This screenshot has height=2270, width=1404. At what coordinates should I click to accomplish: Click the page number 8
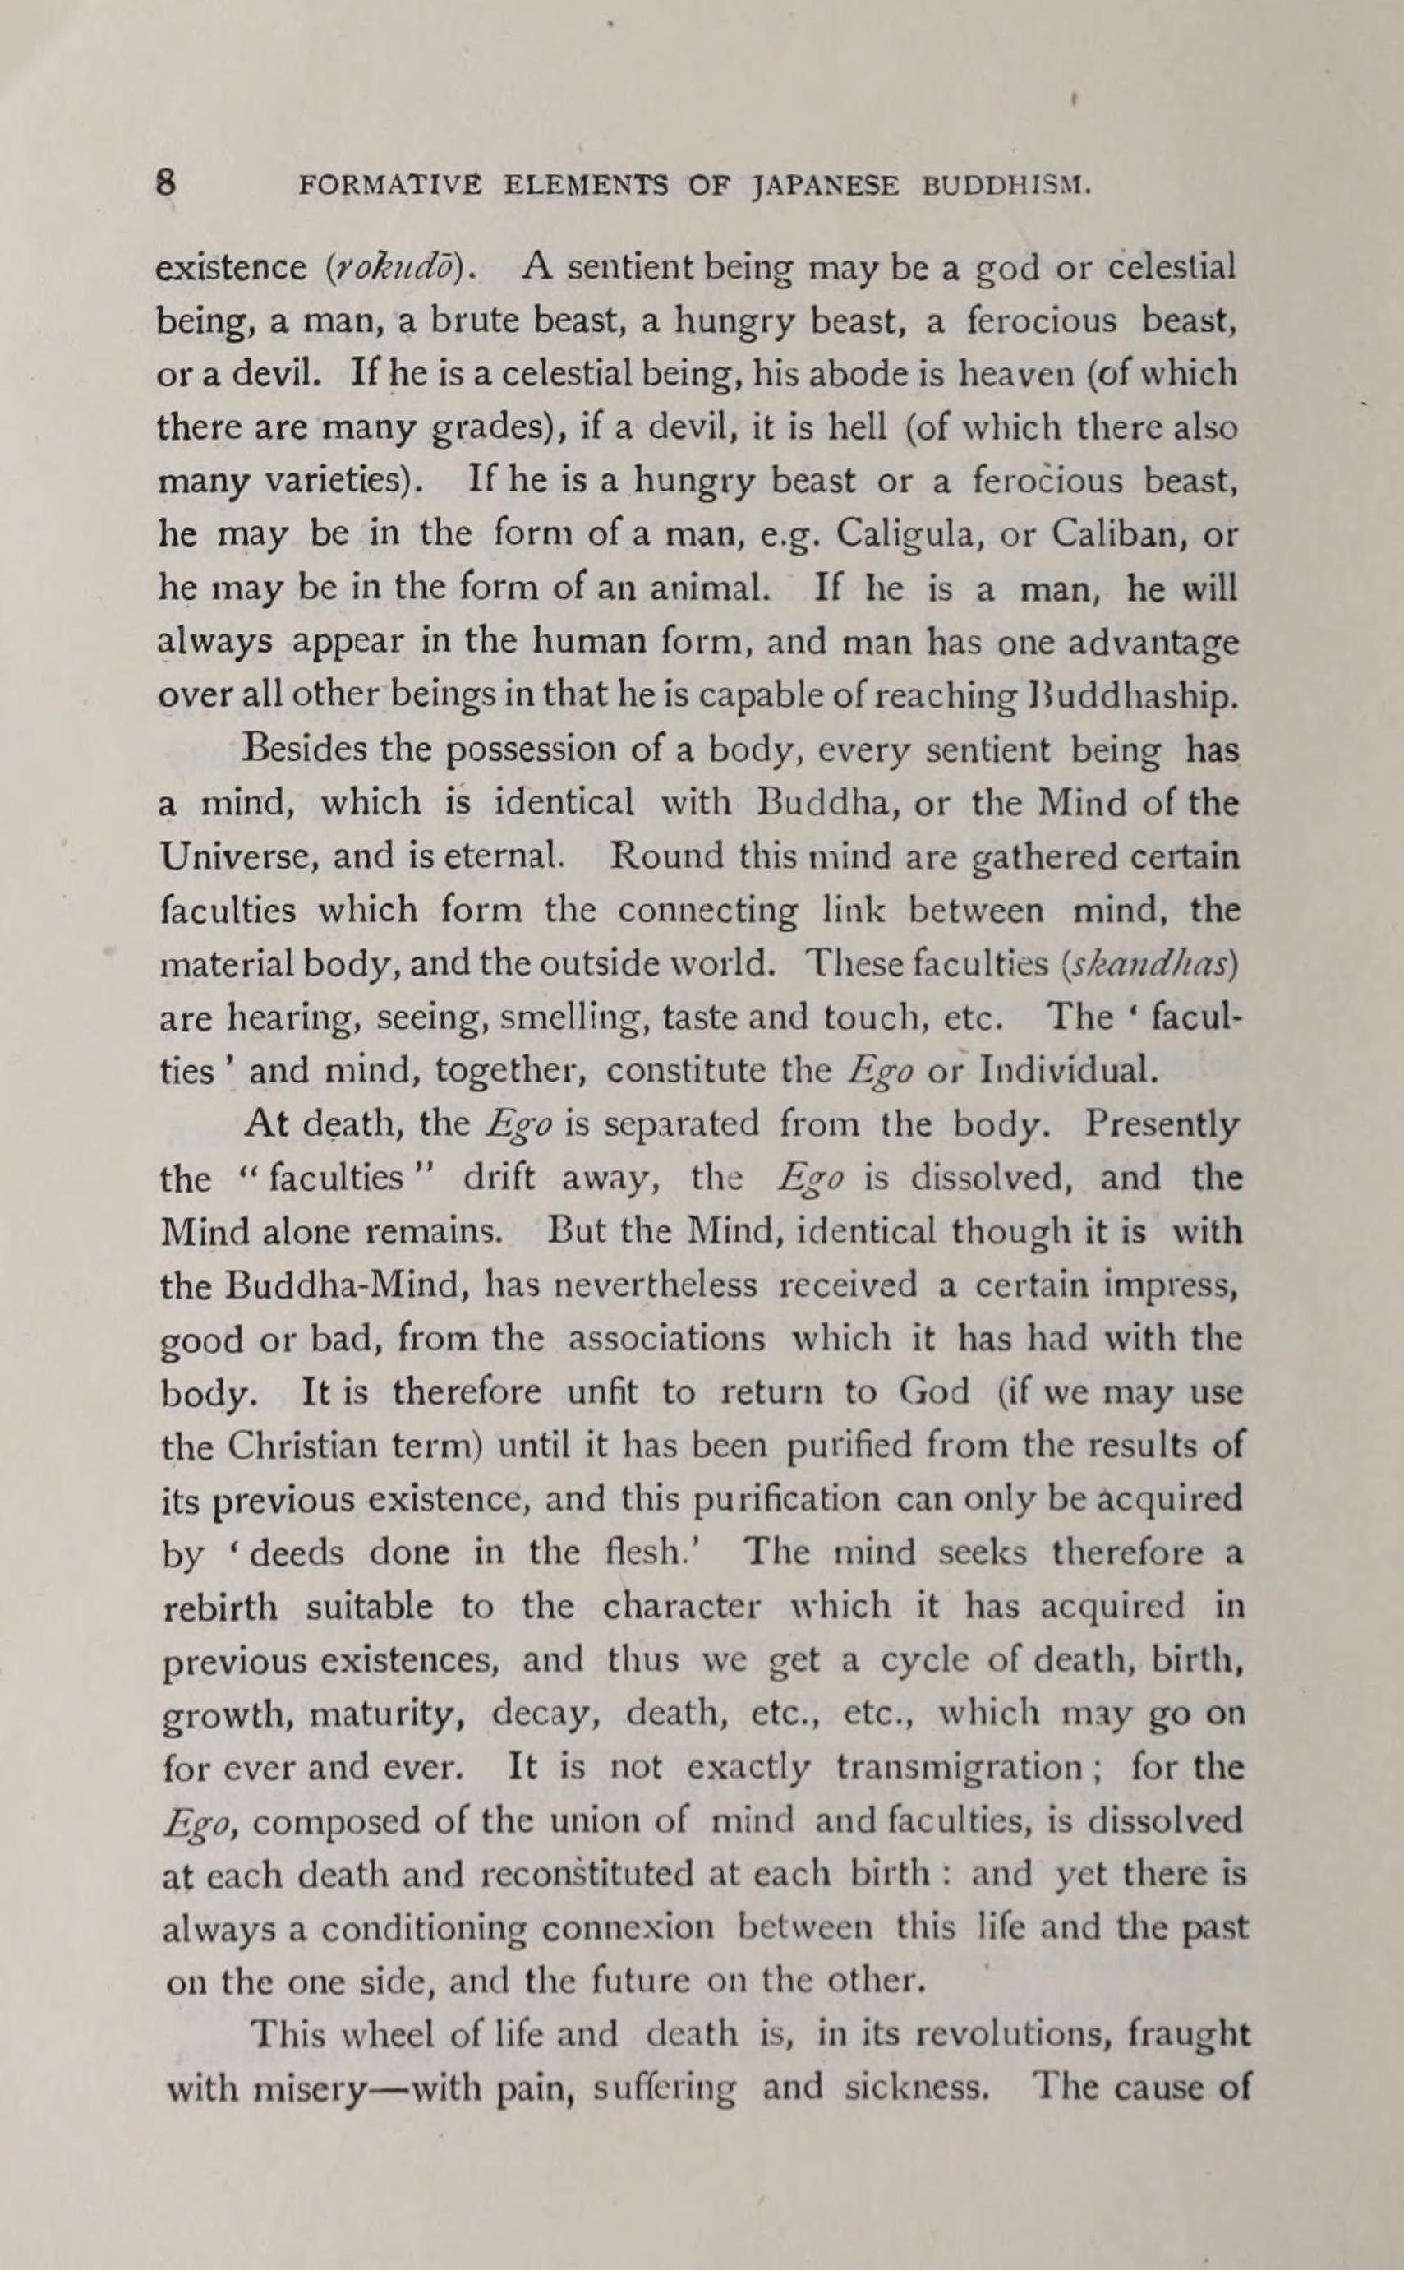[x=166, y=184]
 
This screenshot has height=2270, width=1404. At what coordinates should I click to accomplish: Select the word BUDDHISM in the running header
[x=1005, y=186]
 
